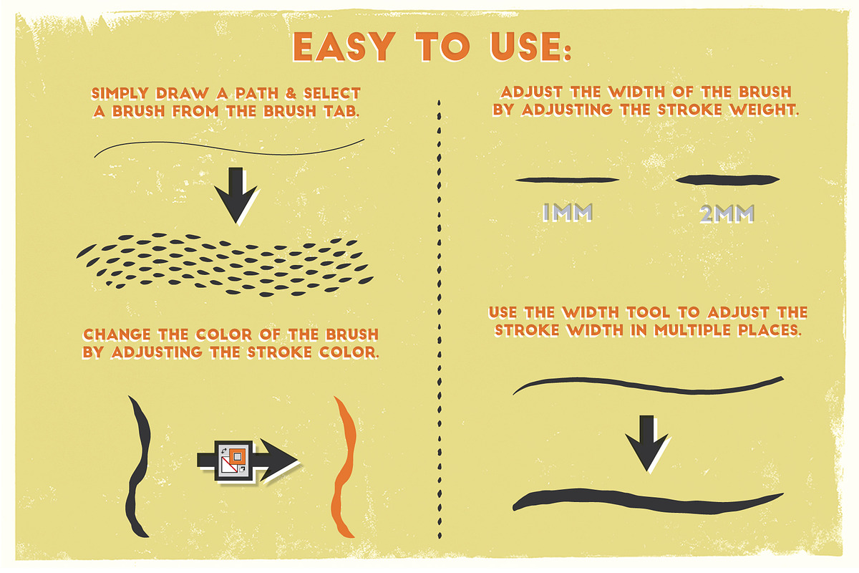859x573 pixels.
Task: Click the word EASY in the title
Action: click(x=344, y=47)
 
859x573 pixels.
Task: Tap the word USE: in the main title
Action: click(x=530, y=47)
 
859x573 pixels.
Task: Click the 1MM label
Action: click(x=568, y=212)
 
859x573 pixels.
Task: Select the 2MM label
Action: click(x=727, y=213)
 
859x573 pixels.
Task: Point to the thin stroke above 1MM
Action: click(x=567, y=180)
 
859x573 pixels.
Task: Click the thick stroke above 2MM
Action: click(x=727, y=180)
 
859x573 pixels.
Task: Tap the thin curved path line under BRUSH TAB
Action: click(x=229, y=148)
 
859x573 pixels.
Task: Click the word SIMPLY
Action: click(x=120, y=93)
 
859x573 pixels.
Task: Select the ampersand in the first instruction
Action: click(x=291, y=93)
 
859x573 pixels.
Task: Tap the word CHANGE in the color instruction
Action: click(x=117, y=334)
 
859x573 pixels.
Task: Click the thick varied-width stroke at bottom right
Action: click(x=648, y=501)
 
